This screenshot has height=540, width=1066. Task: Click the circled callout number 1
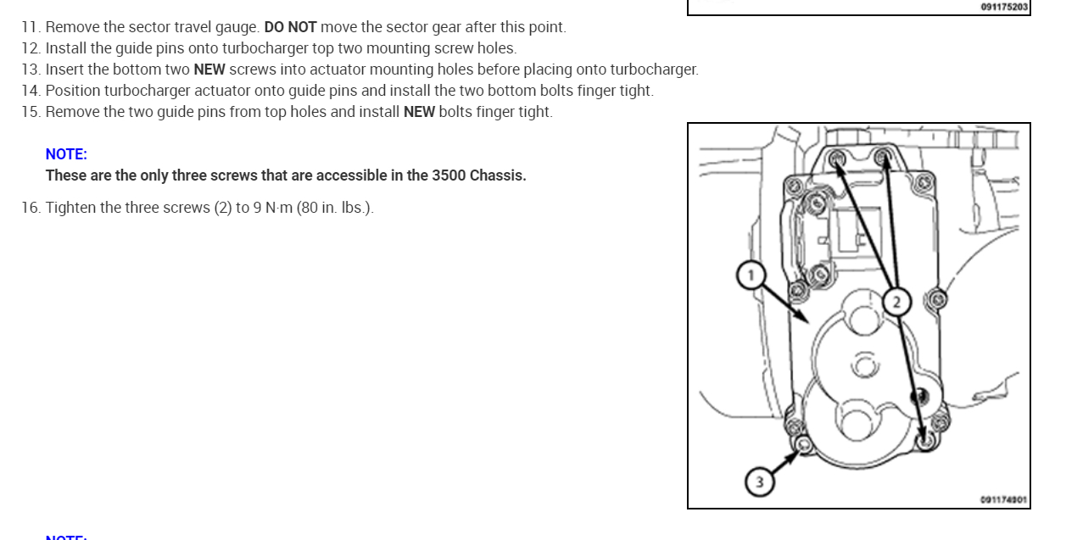750,276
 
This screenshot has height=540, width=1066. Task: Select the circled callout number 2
896,300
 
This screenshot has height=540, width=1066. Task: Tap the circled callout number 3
759,482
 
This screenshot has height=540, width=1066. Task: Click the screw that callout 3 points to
804,445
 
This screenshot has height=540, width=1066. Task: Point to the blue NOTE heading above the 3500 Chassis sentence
66,154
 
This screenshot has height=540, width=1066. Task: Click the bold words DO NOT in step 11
290,27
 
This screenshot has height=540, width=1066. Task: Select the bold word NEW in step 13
209,70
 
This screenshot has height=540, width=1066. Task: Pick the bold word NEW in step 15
419,112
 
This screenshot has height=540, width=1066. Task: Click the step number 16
31,208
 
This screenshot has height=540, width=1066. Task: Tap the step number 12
31,48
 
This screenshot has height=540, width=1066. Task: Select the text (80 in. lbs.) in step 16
335,208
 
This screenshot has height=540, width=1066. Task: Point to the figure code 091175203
1004,7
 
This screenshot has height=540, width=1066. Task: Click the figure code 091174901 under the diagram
1003,499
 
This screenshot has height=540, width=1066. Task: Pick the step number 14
31,91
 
